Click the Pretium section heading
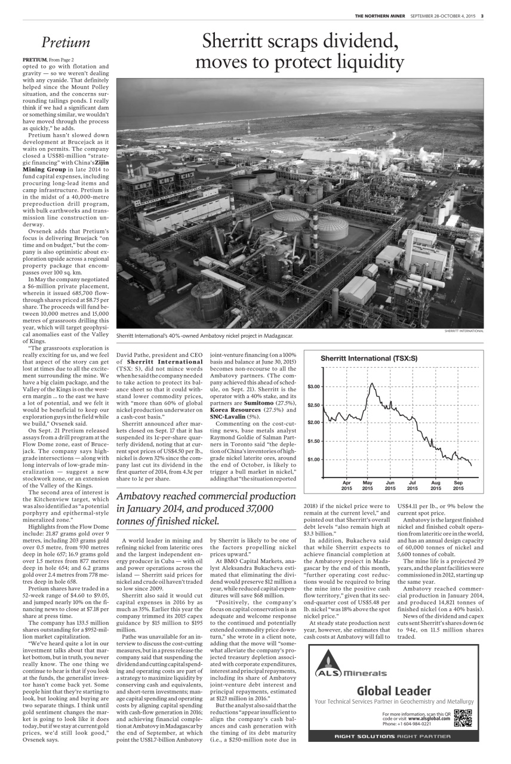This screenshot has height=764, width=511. pyautogui.click(x=66, y=43)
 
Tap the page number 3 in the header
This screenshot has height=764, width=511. pyautogui.click(x=482, y=16)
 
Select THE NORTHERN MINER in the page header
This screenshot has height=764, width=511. pyautogui.click(x=380, y=16)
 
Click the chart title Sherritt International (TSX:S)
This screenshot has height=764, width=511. pyautogui.click(x=369, y=358)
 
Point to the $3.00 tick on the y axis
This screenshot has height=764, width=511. pyautogui.click(x=313, y=387)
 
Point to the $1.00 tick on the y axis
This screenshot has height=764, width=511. pyautogui.click(x=313, y=459)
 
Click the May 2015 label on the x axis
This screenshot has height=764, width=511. pyautogui.click(x=368, y=485)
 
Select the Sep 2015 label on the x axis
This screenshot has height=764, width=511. pyautogui.click(x=458, y=485)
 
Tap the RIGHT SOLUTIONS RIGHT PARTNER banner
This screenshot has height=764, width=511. pyautogui.click(x=394, y=736)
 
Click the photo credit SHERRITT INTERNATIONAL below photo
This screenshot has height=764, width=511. pyautogui.click(x=464, y=331)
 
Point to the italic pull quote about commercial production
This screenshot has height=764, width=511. pyautogui.click(x=206, y=508)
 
